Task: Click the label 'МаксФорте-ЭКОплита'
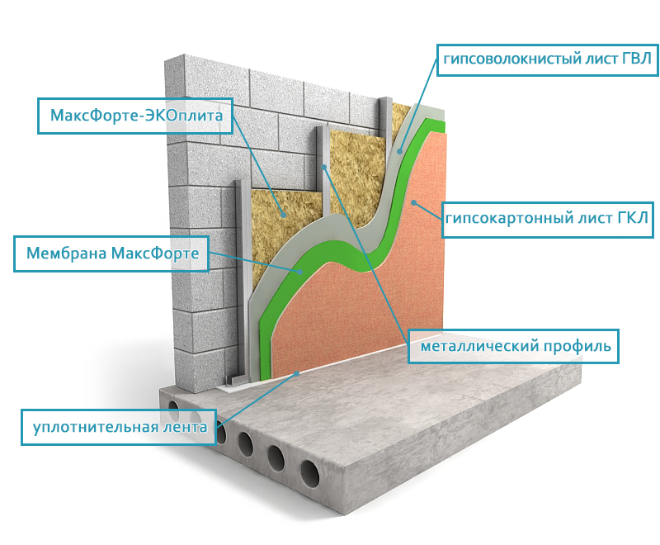point(135,116)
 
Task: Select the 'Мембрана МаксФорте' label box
point(111,254)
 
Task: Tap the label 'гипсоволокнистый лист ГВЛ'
point(548,59)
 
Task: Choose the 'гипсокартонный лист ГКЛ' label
point(547,219)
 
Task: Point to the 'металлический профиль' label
point(513,346)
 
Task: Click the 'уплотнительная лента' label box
point(119,427)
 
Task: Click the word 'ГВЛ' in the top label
point(636,59)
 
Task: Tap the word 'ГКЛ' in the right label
point(633,218)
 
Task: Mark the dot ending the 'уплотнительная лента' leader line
point(297,373)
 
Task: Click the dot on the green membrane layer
point(300,272)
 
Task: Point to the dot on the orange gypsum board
point(414,202)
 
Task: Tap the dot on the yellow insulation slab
point(284,216)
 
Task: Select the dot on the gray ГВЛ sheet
point(399,151)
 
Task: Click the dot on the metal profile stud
point(323,167)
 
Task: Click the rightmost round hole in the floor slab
point(309,473)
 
